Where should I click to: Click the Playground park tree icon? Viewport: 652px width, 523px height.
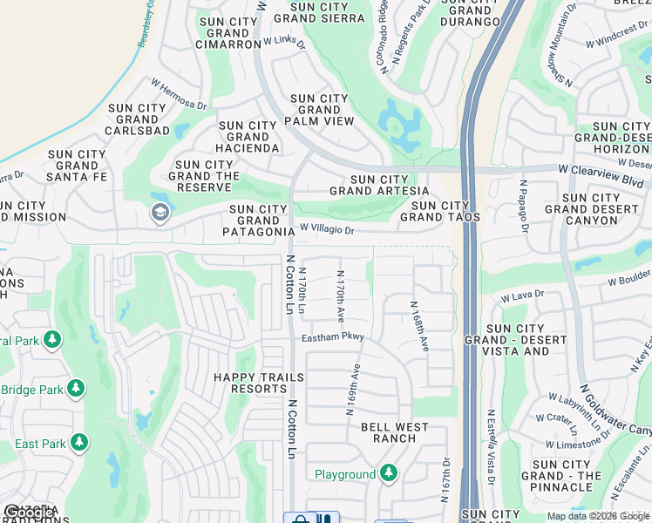tap(389, 474)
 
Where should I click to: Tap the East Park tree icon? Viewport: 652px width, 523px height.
tap(79, 443)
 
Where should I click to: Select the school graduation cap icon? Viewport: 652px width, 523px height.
tap(160, 212)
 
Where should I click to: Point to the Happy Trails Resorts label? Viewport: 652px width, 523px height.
tap(259, 384)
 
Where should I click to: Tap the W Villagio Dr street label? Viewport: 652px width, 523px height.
tap(327, 230)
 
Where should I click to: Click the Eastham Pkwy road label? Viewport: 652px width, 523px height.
tap(333, 336)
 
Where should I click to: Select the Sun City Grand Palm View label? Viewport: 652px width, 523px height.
tap(318, 110)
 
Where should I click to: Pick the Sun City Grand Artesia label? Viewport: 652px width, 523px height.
tap(378, 185)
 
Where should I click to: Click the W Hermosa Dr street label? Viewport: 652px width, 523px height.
tap(179, 93)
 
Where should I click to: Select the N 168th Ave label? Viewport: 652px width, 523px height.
tap(419, 326)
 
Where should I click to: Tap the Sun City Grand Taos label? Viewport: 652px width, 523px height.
tap(435, 212)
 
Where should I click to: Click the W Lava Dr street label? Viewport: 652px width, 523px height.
tap(523, 295)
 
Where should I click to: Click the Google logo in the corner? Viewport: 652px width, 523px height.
tap(29, 513)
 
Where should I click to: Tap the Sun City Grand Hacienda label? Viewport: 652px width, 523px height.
tap(248, 138)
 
